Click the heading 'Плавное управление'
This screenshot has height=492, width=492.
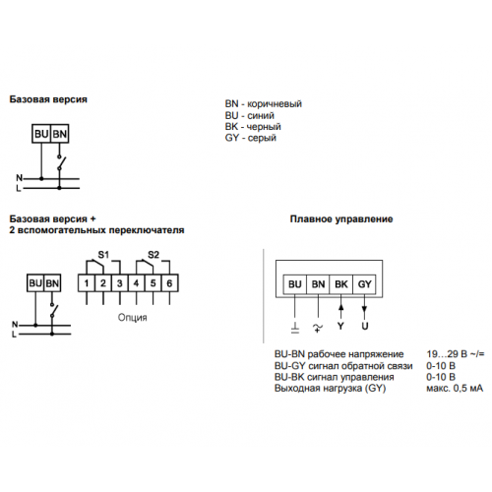click(x=341, y=219)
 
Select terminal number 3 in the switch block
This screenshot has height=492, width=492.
click(x=120, y=283)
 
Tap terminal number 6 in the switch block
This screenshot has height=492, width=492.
click(x=169, y=283)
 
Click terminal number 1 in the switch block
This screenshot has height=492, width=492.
click(x=87, y=283)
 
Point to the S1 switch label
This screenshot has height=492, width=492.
click(x=103, y=255)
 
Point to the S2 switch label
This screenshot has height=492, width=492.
click(x=154, y=255)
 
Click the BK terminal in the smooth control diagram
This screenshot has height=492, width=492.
click(x=341, y=284)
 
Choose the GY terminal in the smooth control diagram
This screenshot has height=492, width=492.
click(x=364, y=284)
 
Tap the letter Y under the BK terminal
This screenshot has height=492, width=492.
click(x=340, y=326)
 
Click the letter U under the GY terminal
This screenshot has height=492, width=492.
click(x=365, y=326)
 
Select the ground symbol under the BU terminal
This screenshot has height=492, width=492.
click(x=295, y=328)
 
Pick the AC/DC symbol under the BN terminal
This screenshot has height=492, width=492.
click(x=318, y=328)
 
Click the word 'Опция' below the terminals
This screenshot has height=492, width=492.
click(x=132, y=318)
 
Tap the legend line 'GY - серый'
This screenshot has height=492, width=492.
click(x=251, y=138)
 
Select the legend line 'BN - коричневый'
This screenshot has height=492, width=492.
click(x=264, y=104)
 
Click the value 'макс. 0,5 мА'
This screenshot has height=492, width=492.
click(x=455, y=389)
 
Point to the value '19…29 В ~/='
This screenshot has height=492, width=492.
click(x=456, y=354)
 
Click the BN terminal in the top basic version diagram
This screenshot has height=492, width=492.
click(x=60, y=134)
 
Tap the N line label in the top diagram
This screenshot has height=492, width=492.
click(x=20, y=178)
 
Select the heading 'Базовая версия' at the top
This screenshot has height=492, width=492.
click(x=48, y=99)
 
